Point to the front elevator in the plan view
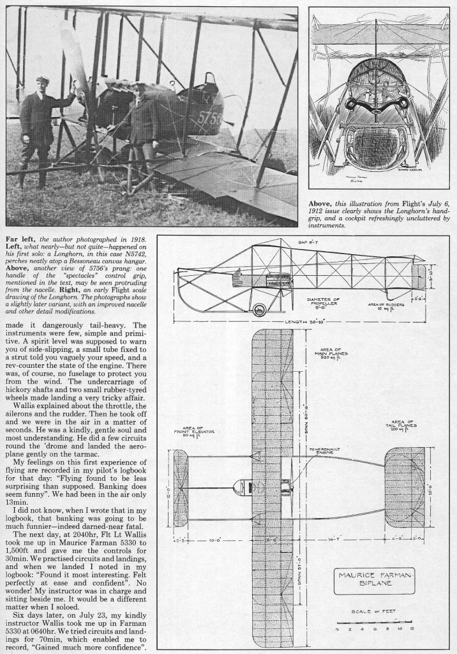point(181,487)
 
